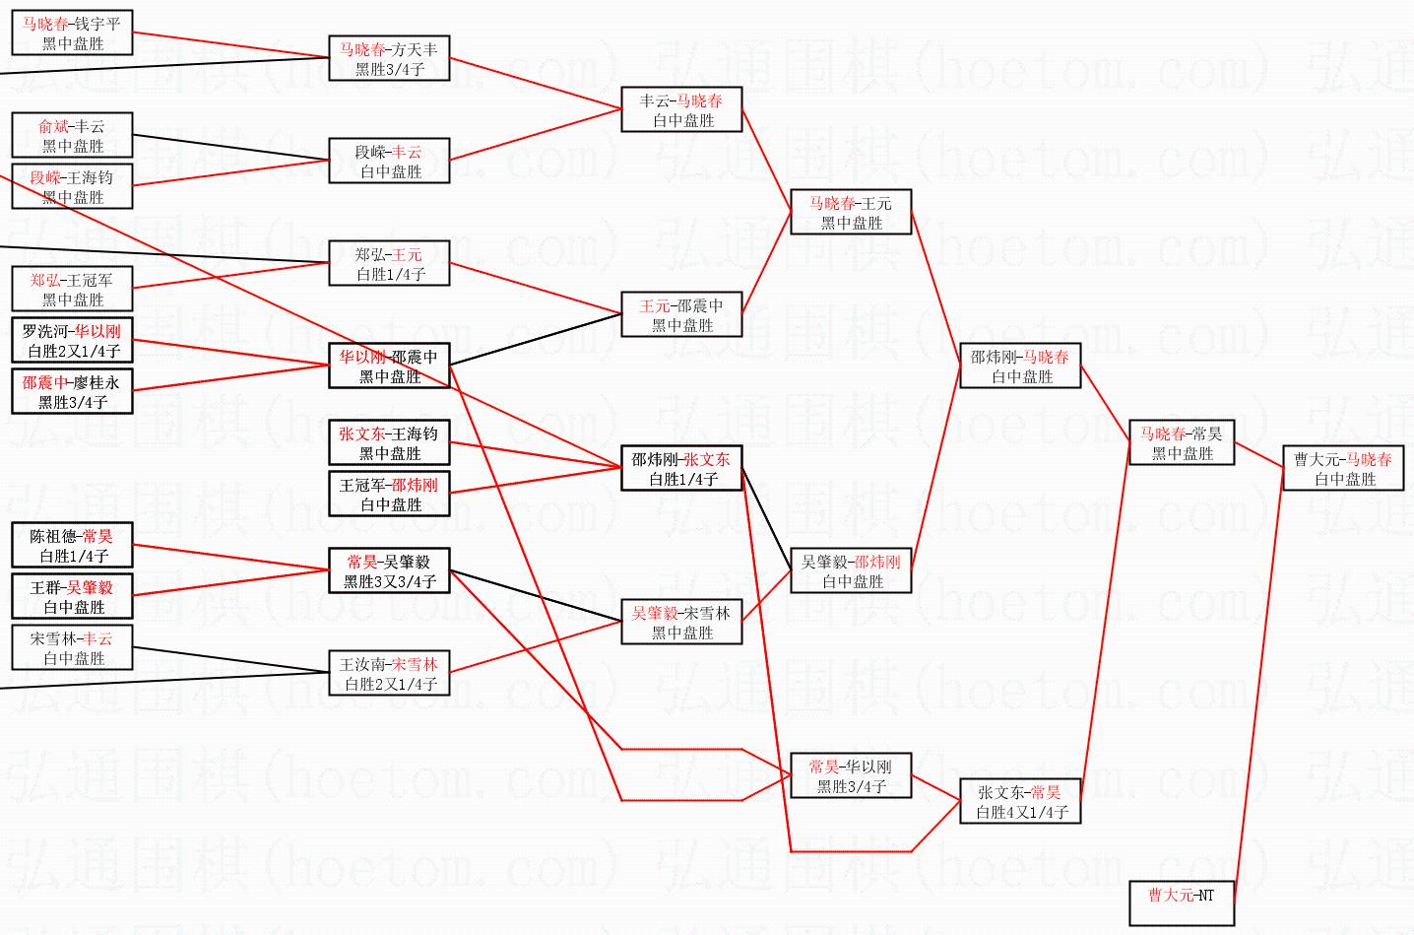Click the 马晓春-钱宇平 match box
coord(72,33)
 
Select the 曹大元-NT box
coord(1181,903)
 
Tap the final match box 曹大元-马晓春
coord(1343,469)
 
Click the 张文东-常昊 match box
coord(1019,802)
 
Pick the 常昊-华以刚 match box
coord(851,776)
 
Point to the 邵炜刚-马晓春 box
coord(1019,367)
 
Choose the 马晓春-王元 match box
coord(851,213)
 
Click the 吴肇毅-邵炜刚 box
coord(851,571)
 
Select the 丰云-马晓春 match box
coord(681,110)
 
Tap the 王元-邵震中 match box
coord(681,315)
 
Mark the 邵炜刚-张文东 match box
coord(681,469)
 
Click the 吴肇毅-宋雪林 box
coord(681,623)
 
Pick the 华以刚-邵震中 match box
coord(389,367)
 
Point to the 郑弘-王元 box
coord(389,264)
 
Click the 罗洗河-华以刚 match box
coord(72,341)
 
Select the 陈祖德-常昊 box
coord(72,546)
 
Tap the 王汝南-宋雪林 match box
coord(389,674)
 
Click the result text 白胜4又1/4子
coord(1019,813)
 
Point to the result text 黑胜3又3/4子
coord(389,582)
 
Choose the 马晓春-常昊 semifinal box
coord(1181,443)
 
